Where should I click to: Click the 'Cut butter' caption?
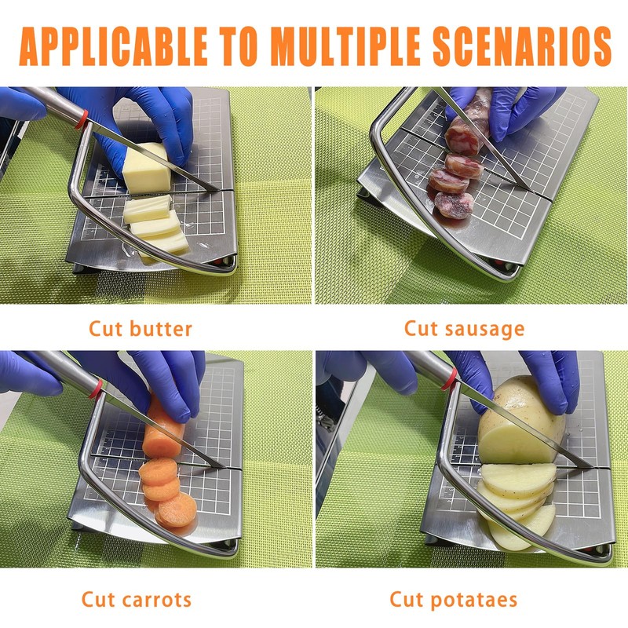click(141, 328)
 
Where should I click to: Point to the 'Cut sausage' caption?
click(464, 328)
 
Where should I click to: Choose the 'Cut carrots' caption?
click(136, 601)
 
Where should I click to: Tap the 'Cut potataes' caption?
click(454, 601)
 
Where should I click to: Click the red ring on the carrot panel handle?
click(93, 386)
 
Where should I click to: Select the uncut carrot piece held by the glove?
click(164, 428)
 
